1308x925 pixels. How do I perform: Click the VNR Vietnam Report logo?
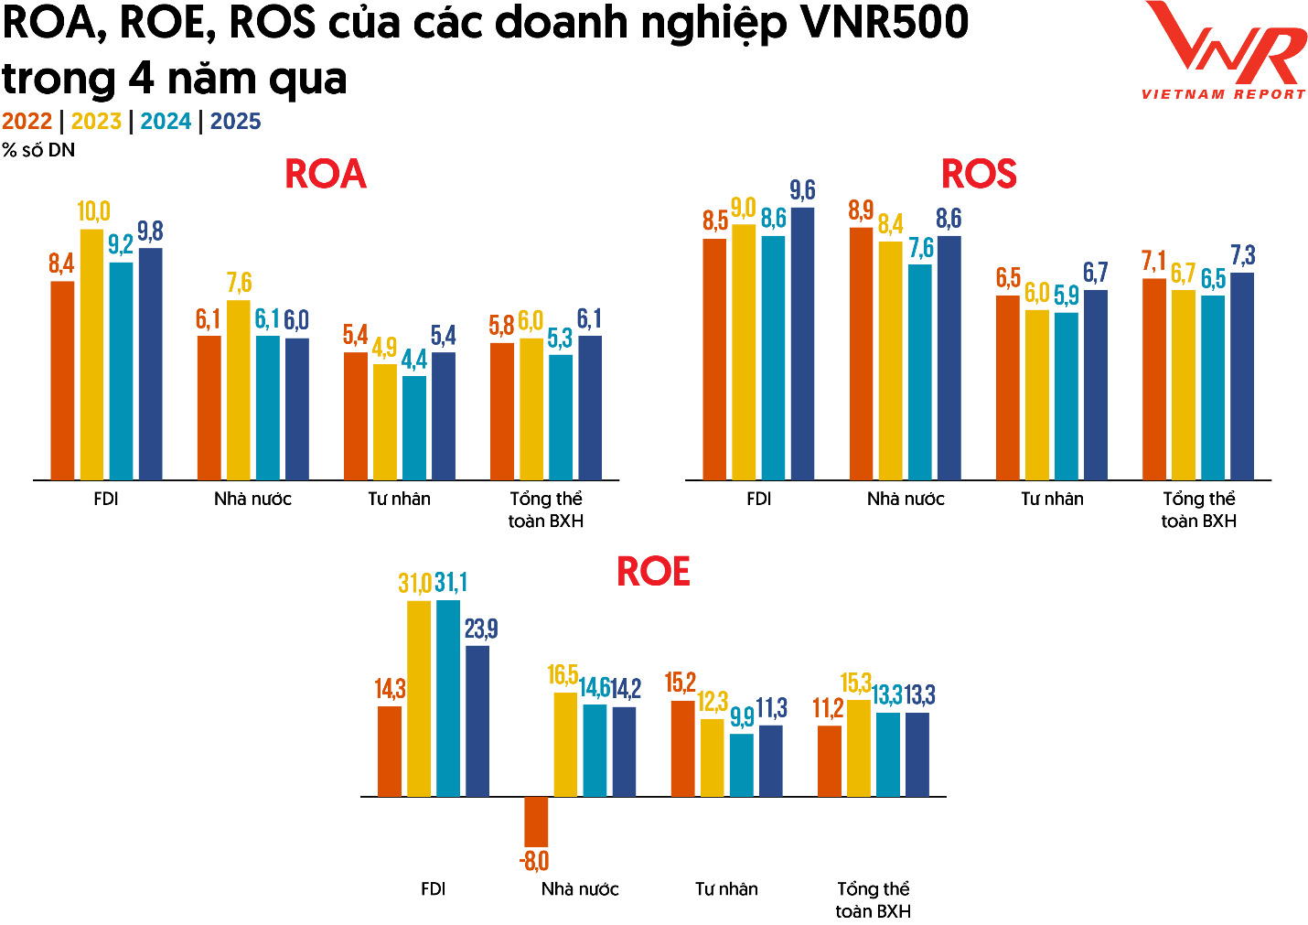click(1224, 50)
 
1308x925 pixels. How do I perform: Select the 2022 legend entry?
click(27, 122)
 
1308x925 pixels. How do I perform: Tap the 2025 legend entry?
click(235, 122)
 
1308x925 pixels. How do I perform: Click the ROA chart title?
click(326, 174)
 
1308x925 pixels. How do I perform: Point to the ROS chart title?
click(979, 174)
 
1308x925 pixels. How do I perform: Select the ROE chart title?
click(653, 572)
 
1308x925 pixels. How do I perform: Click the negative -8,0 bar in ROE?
click(536, 821)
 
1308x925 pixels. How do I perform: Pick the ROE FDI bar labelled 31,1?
click(448, 698)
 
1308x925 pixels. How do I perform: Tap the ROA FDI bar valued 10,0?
click(91, 355)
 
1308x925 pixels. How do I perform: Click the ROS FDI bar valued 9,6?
click(802, 344)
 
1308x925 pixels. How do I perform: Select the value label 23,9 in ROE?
click(481, 629)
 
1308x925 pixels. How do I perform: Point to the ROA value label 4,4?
click(413, 360)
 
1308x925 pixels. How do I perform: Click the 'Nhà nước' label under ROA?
click(252, 499)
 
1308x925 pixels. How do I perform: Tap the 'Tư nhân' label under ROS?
click(1052, 499)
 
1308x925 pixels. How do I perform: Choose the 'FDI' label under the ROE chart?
click(433, 889)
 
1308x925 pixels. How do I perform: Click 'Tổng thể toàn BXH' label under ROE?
click(873, 899)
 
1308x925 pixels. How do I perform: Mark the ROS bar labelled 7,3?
click(1242, 376)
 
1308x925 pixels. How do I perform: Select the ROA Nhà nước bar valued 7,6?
click(239, 391)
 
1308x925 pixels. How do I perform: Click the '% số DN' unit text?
click(38, 150)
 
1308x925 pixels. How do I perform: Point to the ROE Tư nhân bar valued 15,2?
click(682, 748)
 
